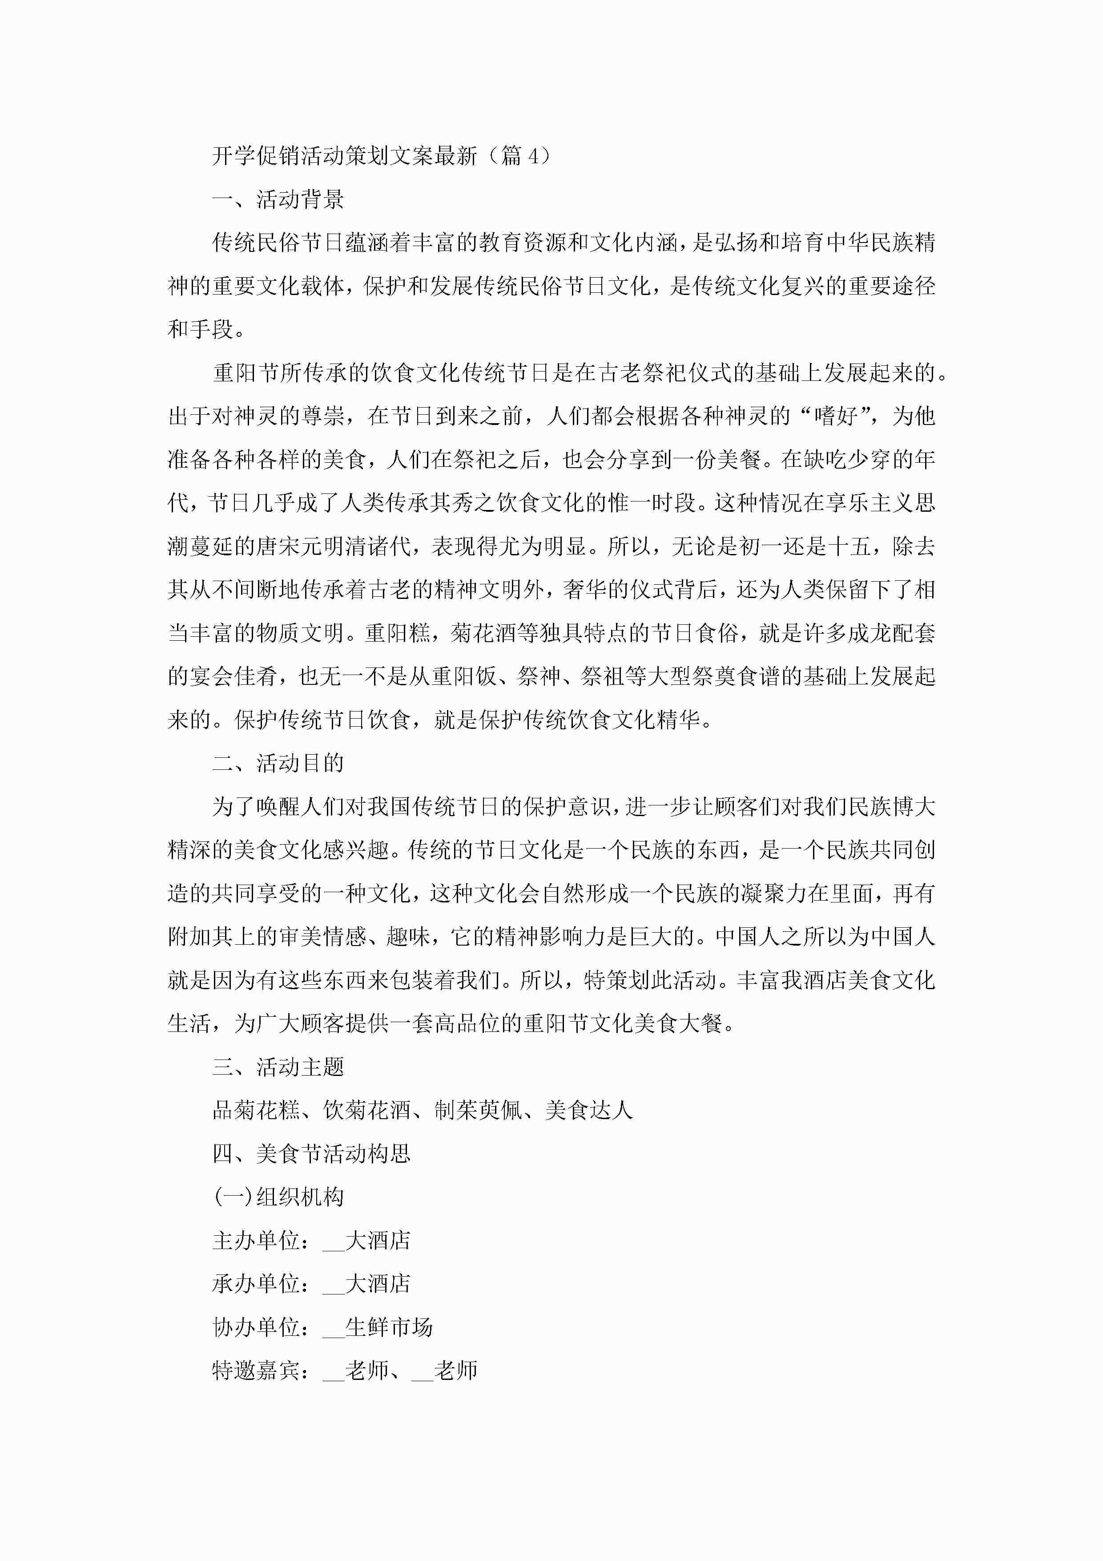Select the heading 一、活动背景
click(x=278, y=200)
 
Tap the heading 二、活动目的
click(x=278, y=764)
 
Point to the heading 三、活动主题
click(x=278, y=1068)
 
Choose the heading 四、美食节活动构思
click(x=311, y=1154)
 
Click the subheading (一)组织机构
click(x=278, y=1197)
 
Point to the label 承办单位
click(x=256, y=1284)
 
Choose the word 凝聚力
click(x=753, y=894)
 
